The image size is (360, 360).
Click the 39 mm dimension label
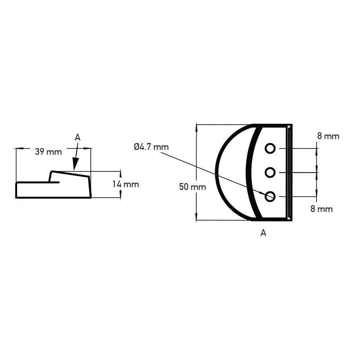(49, 152)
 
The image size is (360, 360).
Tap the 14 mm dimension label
(126, 184)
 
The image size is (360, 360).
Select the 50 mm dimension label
(193, 187)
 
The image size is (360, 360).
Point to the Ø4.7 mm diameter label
(151, 147)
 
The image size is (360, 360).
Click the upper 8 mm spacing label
(328, 136)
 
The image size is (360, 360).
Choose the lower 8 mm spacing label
(321, 209)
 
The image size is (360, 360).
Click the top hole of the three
(270, 148)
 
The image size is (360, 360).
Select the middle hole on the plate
(270, 172)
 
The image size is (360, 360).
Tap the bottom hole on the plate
(270, 197)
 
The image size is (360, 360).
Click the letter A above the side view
(77, 138)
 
